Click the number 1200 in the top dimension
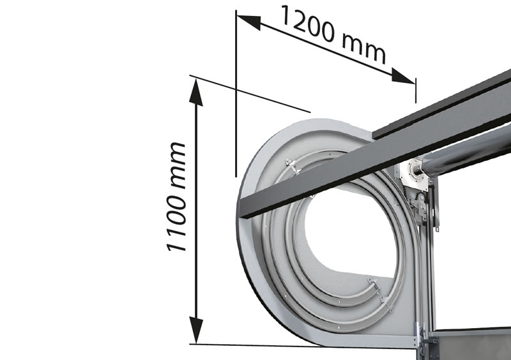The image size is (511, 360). [307, 24]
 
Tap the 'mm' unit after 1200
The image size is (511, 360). [364, 49]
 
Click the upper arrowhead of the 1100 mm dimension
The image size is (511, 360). [196, 93]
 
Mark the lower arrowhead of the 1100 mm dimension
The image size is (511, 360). [196, 331]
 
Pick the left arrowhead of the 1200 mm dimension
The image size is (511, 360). [248, 20]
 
